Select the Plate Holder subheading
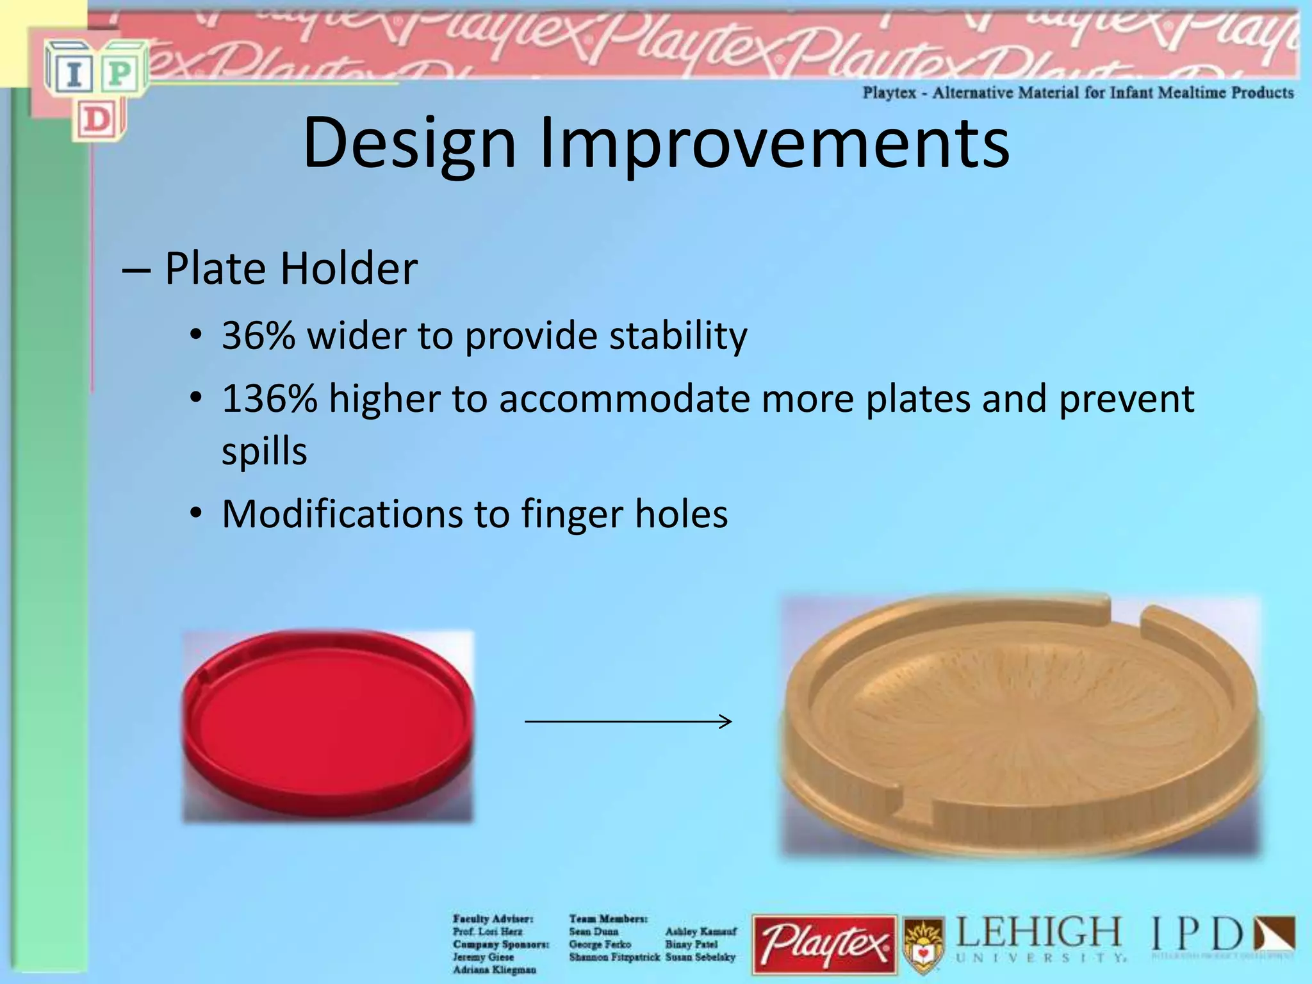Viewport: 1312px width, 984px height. [291, 268]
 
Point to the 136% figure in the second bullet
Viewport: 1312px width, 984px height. [269, 398]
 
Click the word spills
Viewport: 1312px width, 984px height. [264, 452]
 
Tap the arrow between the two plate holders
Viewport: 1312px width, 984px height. [628, 721]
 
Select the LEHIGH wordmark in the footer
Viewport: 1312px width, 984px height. [1038, 933]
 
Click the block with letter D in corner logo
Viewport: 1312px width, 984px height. [97, 119]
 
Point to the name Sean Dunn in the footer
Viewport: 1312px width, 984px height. [593, 931]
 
